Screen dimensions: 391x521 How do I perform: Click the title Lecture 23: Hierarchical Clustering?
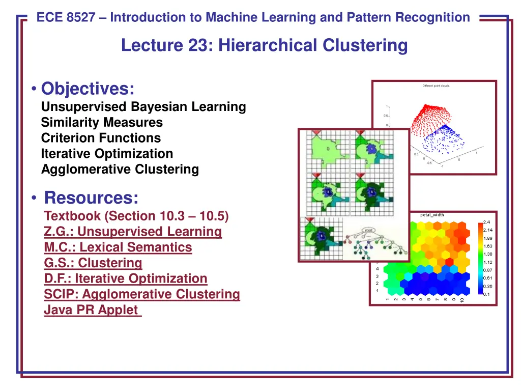264,45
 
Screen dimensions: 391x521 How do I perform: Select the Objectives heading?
88,89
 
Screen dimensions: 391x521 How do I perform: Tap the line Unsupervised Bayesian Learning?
143,107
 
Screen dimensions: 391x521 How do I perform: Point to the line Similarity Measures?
102,123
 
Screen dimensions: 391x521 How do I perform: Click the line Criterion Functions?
101,138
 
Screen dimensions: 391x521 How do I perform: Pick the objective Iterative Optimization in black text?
107,154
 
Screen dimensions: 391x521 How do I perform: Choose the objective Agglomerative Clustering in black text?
120,170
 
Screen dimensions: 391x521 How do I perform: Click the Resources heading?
91,198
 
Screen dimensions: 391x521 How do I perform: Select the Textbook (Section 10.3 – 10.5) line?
136,216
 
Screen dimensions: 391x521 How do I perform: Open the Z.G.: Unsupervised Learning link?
133,232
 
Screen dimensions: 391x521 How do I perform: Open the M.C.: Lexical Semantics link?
118,247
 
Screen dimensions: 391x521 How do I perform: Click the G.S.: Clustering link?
93,263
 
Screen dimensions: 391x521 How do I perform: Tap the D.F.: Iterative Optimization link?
126,279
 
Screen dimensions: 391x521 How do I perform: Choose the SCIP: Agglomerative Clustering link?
142,294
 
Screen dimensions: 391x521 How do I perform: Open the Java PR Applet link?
92,310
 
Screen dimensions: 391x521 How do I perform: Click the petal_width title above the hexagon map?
432,215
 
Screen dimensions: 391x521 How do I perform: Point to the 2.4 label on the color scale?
487,222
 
